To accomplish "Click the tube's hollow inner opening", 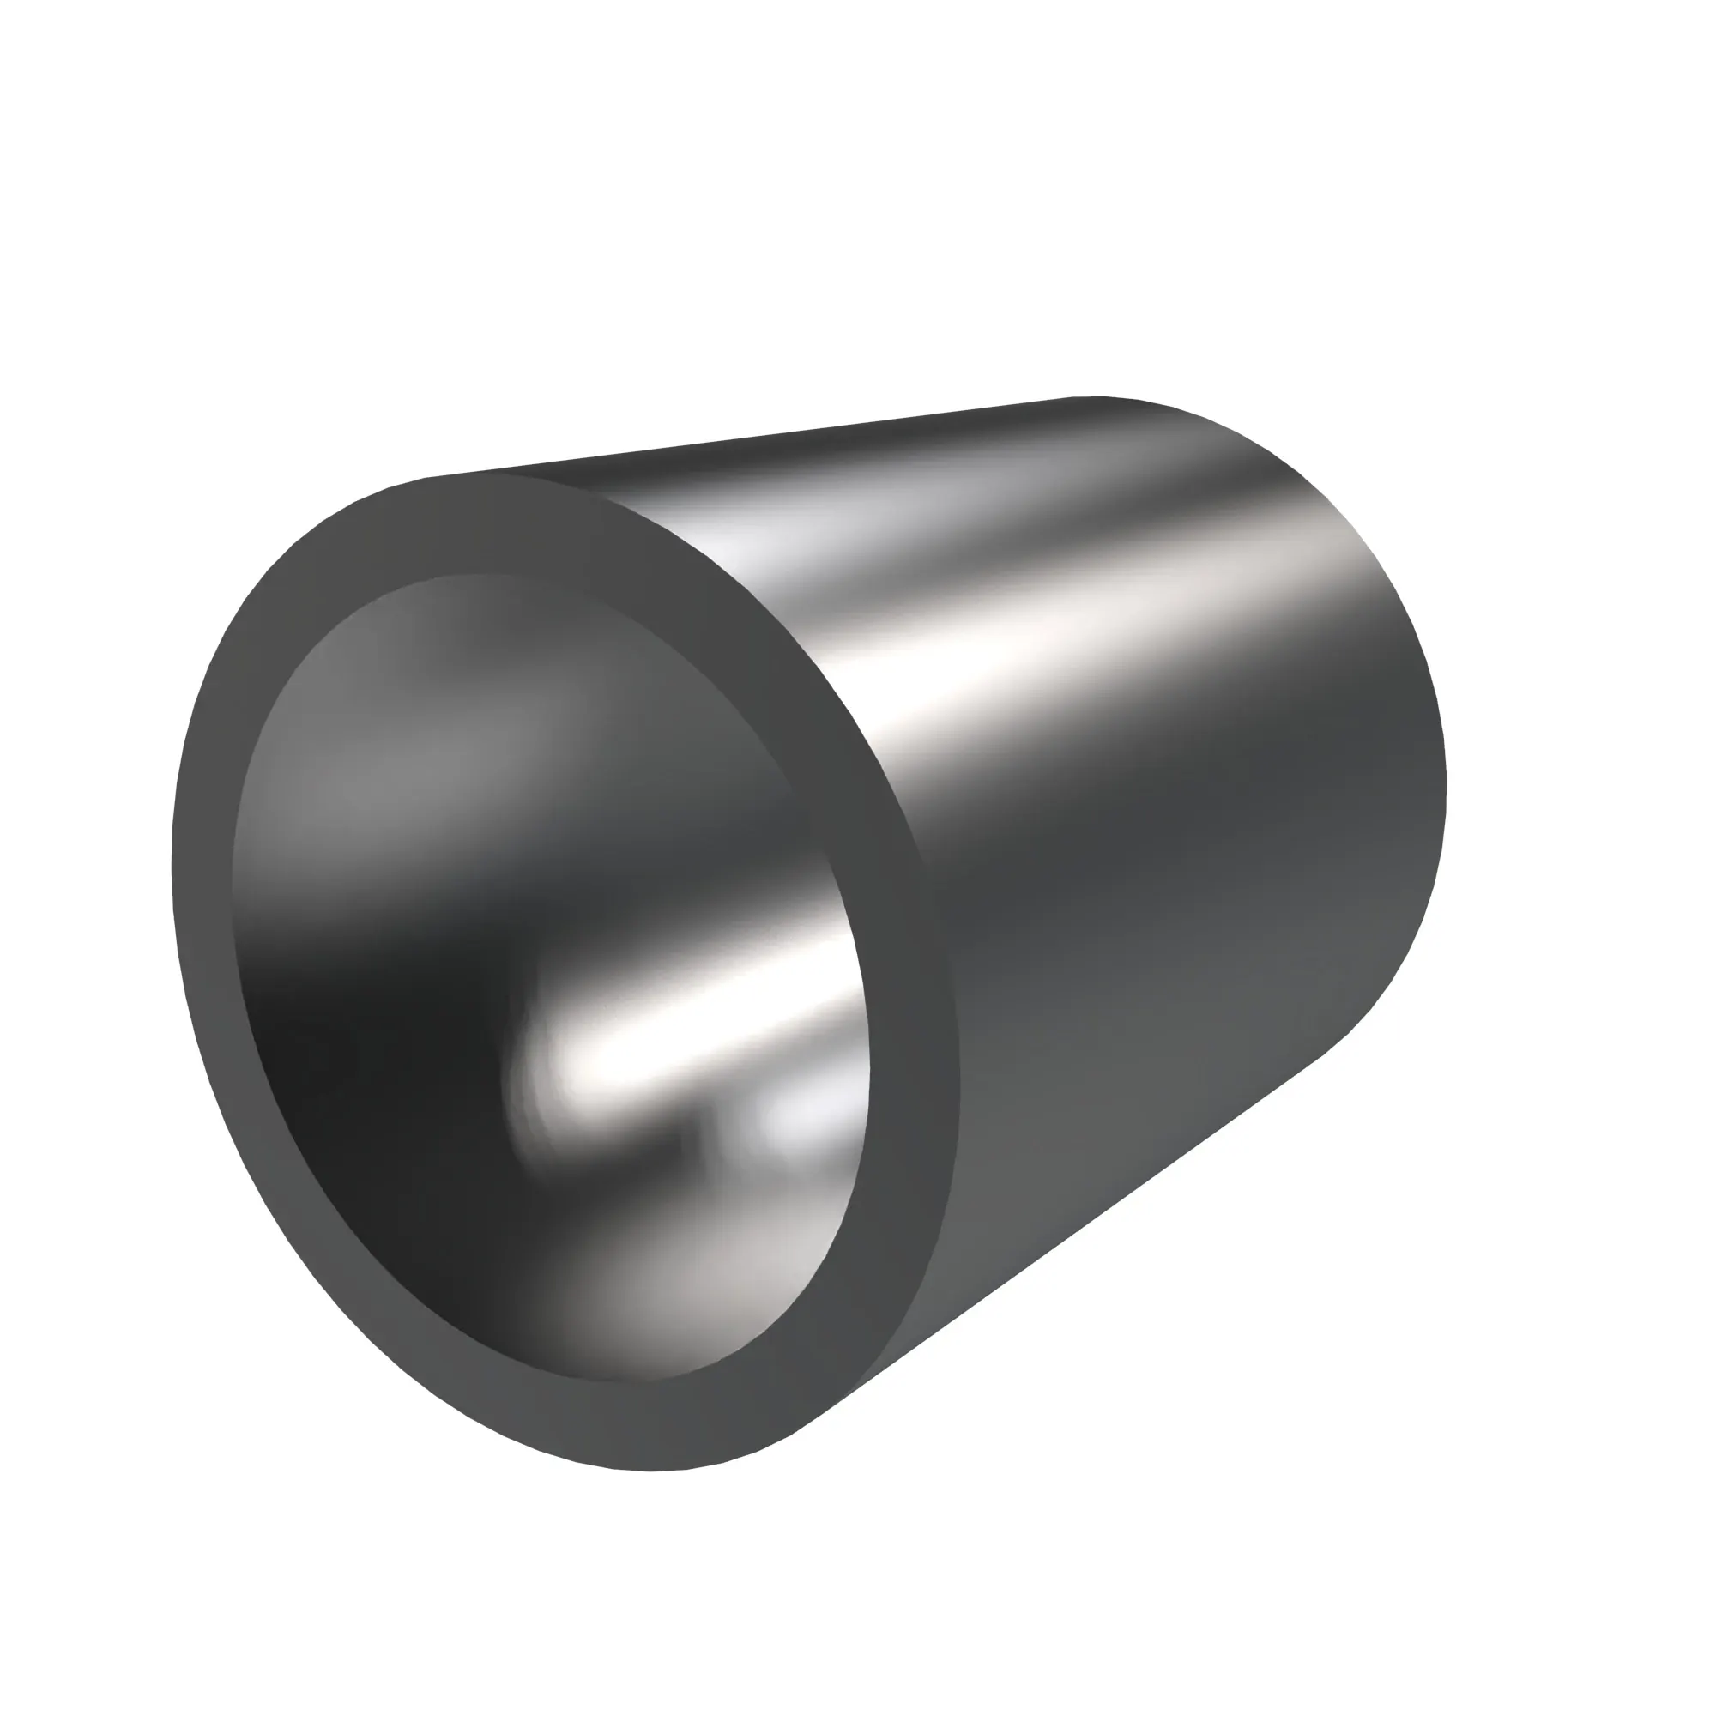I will [551, 977].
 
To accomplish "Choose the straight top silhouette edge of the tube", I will [755, 436].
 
